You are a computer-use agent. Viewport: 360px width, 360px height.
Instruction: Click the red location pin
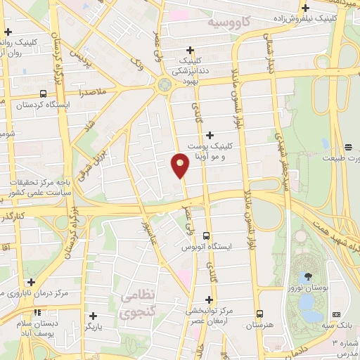[180, 165]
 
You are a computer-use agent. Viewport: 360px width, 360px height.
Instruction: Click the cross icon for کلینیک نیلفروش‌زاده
[305, 8]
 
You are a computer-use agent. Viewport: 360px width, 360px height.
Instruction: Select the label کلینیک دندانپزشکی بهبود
[191, 71]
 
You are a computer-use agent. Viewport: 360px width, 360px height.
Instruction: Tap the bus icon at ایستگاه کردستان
[44, 94]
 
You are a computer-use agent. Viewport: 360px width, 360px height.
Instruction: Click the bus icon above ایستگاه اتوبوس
[206, 236]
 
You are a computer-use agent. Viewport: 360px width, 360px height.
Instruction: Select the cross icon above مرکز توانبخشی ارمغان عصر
[210, 299]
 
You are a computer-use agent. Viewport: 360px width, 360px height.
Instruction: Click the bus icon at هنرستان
[259, 314]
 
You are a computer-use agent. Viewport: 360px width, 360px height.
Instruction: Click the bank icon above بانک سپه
[336, 314]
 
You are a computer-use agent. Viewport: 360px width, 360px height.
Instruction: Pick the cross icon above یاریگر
[93, 316]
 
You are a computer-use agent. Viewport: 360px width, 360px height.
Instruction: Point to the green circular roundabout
[167, 85]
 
